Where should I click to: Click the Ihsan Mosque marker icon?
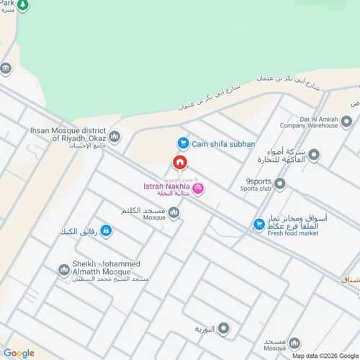pos(114,135)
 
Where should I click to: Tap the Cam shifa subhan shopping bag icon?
pos(183,144)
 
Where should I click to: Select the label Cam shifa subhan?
pos(223,144)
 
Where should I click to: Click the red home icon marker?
pos(179,163)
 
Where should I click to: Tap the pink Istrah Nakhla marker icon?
pos(198,189)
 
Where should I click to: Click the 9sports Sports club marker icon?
pos(280,184)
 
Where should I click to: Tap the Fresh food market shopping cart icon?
pos(258,225)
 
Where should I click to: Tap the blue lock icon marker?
pos(107,231)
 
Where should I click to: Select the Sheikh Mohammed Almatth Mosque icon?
pos(64,270)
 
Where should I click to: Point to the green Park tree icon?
pos(22,6)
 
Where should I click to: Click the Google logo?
pos(19,353)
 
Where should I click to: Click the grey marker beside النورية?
pos(224,329)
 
